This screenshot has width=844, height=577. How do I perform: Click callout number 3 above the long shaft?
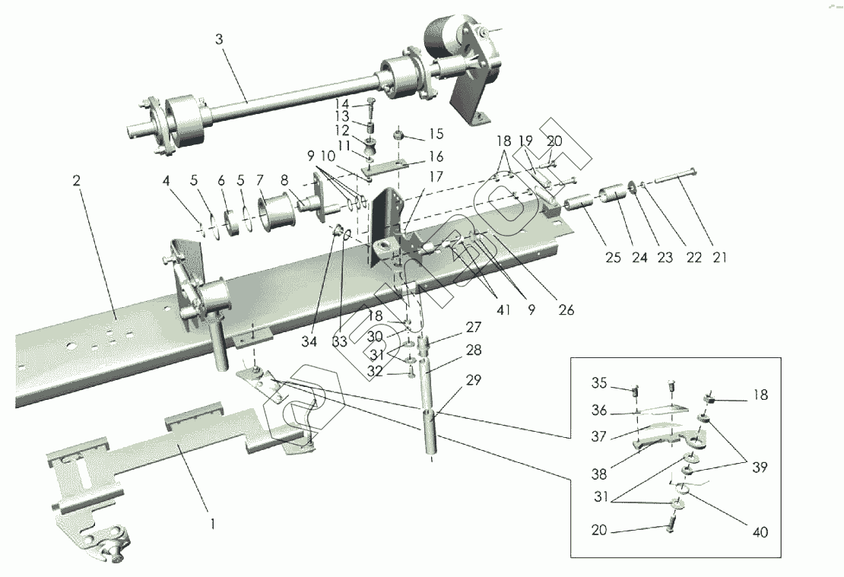[219, 40]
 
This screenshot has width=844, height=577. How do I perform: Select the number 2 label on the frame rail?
[76, 181]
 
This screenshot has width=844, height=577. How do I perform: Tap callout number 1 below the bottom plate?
[214, 523]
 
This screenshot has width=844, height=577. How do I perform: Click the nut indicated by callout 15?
[398, 136]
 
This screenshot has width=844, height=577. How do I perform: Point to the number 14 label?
[343, 103]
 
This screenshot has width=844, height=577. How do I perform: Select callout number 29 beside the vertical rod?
[474, 381]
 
